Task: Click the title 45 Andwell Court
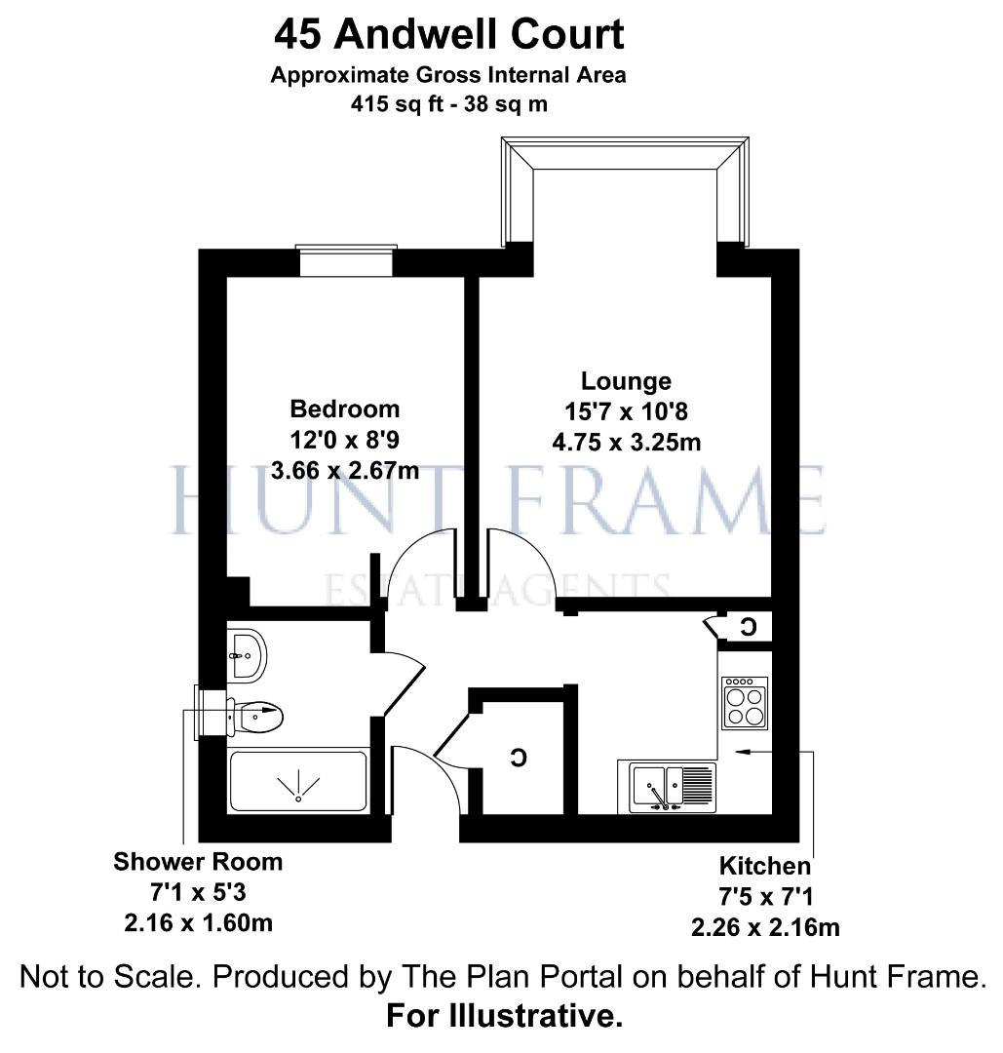pyautogui.click(x=448, y=35)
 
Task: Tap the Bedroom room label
pyautogui.click(x=345, y=409)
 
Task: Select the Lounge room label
pyautogui.click(x=626, y=380)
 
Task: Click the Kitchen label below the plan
pyautogui.click(x=764, y=866)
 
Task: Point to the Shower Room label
pyautogui.click(x=198, y=862)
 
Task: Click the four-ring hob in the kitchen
pyautogui.click(x=745, y=703)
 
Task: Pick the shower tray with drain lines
pyautogui.click(x=298, y=782)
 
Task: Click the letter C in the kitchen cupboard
pyautogui.click(x=749, y=627)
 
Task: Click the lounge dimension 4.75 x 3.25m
pyautogui.click(x=626, y=442)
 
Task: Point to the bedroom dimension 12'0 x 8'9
pyautogui.click(x=345, y=440)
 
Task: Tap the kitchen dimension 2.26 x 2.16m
pyautogui.click(x=764, y=927)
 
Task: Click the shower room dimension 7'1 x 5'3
pyautogui.click(x=198, y=892)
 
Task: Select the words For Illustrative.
pyautogui.click(x=504, y=1017)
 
